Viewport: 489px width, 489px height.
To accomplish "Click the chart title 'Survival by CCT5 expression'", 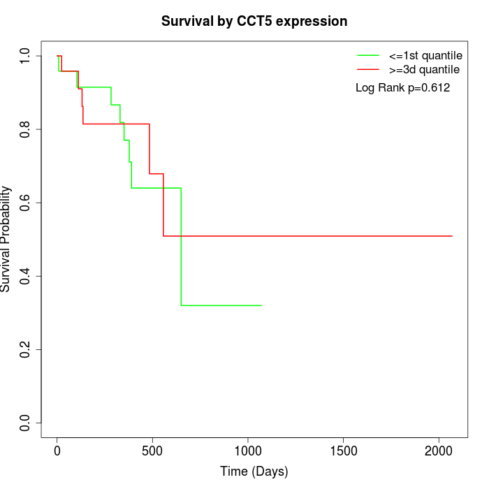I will pos(254,21).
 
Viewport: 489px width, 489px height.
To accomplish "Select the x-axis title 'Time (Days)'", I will pos(254,472).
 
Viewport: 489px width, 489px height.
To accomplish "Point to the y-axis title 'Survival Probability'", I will pos(6,239).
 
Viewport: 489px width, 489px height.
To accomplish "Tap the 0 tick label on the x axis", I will pos(57,451).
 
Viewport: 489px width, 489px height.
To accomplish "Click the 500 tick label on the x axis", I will pos(152,451).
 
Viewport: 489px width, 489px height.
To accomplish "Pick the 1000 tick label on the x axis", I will pos(248,451).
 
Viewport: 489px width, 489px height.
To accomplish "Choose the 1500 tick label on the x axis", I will pos(344,451).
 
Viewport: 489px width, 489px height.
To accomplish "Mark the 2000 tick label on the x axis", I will pos(439,451).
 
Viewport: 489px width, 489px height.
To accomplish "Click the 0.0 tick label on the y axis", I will pos(26,423).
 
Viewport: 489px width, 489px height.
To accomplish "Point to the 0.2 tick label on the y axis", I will pos(26,349).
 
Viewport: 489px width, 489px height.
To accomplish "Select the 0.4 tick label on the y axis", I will pos(26,276).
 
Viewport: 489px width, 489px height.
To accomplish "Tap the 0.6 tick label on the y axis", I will pos(26,203).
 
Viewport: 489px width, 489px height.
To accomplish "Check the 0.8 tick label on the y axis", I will pos(26,129).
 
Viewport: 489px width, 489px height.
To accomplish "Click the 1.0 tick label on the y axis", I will pos(26,56).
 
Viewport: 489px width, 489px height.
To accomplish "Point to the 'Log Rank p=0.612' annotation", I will pos(403,88).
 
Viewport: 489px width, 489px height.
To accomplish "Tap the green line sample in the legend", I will pos(368,54).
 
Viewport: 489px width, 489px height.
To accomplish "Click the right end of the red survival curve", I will pos(452,236).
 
